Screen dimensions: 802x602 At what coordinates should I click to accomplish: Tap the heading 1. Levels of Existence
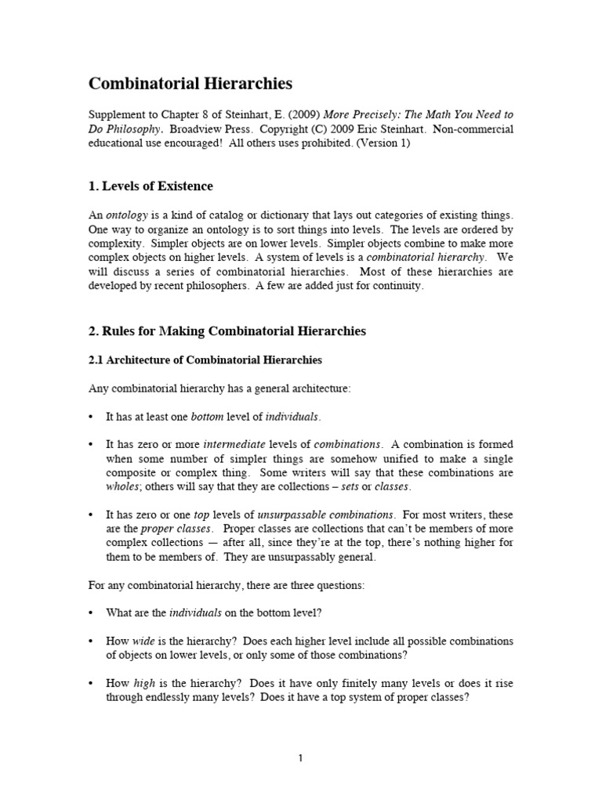click(150, 186)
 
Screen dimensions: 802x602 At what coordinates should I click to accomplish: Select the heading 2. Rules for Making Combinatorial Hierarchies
click(227, 331)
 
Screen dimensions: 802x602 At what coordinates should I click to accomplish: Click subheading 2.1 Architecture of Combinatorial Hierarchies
click(205, 359)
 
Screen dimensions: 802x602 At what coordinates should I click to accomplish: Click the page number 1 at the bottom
click(300, 758)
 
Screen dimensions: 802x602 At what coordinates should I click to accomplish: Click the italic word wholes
click(121, 486)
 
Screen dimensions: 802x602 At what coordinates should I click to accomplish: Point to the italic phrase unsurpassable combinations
click(325, 515)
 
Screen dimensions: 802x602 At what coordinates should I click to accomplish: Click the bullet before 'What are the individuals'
click(91, 612)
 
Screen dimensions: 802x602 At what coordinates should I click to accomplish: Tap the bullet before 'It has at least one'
click(91, 416)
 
